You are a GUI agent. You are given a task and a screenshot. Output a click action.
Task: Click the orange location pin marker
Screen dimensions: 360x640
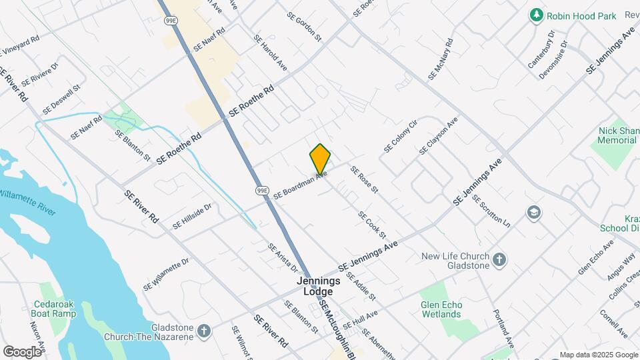point(320,159)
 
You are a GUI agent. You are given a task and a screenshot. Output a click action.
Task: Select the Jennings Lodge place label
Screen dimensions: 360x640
point(319,287)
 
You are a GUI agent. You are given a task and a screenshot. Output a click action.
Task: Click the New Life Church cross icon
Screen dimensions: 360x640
point(499,259)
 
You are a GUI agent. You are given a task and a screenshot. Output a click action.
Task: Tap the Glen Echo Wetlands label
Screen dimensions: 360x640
point(441,310)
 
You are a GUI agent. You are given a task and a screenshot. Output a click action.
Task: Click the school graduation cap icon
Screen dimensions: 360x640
point(533,213)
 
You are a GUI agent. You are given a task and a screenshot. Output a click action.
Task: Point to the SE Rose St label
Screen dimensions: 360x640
point(364,180)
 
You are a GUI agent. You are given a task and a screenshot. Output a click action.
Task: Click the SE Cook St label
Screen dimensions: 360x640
point(372,225)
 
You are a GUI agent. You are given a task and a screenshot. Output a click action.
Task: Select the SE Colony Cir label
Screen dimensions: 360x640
point(400,136)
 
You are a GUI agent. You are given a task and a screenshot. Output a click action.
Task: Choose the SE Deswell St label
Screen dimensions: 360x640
point(61,98)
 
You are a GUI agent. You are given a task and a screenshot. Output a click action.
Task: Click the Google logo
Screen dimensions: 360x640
point(22,351)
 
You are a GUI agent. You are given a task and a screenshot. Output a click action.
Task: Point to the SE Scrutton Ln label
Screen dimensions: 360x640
point(491,211)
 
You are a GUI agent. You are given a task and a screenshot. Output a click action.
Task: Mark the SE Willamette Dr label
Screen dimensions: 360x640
point(166,274)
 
